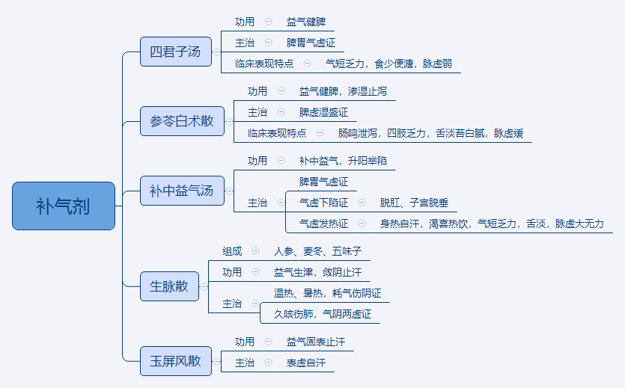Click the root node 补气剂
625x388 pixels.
coord(64,206)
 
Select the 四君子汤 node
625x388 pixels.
coord(175,52)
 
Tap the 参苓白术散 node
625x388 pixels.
coord(182,120)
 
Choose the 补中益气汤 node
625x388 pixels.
coord(181,191)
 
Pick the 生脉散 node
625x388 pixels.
coord(169,286)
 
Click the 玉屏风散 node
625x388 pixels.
coord(175,360)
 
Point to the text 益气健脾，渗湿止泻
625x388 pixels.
coord(343,91)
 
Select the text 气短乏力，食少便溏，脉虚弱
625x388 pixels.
coord(388,64)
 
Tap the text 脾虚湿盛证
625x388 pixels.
coord(323,112)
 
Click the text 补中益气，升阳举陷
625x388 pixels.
coord(343,161)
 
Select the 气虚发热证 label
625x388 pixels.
coord(323,224)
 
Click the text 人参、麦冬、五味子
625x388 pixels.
coord(317,251)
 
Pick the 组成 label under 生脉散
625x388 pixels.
coord(232,251)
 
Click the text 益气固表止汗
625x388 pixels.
coord(315,342)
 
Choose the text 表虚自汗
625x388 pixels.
coord(305,363)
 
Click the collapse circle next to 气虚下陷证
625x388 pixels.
coord(362,203)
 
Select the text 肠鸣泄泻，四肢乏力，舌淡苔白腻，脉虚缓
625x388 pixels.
coord(430,133)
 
